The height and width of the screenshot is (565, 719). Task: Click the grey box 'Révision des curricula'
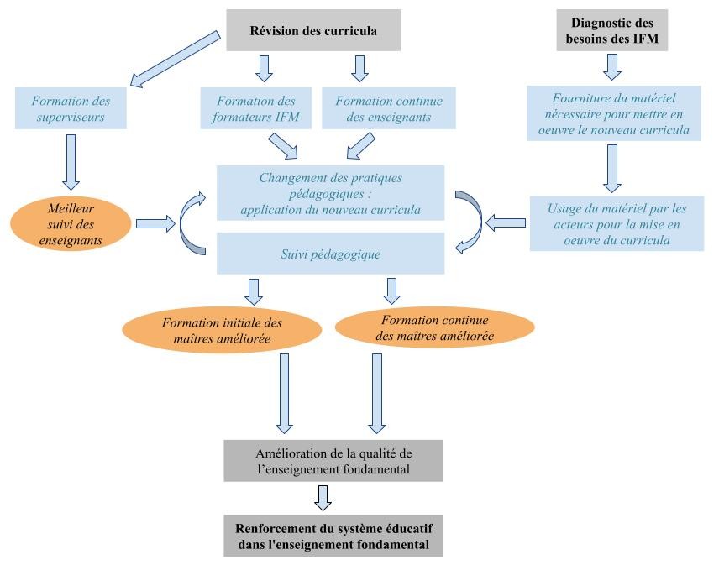point(313,31)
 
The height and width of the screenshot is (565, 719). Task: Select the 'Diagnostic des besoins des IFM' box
point(612,31)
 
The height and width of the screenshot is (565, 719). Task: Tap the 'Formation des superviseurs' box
point(71,108)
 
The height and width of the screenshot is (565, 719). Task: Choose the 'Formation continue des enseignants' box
point(389,108)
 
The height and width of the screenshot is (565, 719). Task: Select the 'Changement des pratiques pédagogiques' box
point(330,193)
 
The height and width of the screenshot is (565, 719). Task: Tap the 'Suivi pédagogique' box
point(330,253)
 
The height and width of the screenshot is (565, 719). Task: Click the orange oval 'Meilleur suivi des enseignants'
point(71,222)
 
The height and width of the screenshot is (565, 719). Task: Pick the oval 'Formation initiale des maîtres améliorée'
point(222,330)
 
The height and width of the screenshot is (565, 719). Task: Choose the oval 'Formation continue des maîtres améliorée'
point(434,328)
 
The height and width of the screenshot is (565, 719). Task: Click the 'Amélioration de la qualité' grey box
point(333,459)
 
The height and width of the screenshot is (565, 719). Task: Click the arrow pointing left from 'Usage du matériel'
point(505,222)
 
